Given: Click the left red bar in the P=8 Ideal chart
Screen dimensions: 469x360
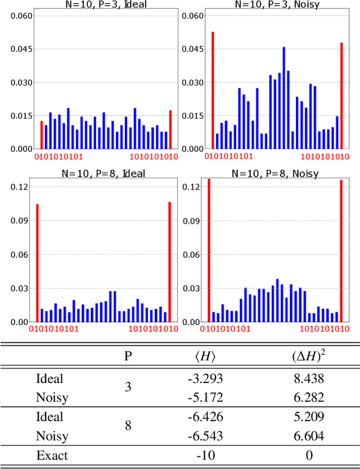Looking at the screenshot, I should [x=38, y=263].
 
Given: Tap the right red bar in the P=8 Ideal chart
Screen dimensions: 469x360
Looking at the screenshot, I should [x=170, y=262].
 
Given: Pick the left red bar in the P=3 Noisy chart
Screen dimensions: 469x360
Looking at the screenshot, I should [x=213, y=91].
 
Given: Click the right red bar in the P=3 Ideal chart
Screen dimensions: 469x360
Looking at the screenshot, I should [x=170, y=129].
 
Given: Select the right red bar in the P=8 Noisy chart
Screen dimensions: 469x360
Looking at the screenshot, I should [x=341, y=251].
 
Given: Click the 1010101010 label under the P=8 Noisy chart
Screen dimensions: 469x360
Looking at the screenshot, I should [x=323, y=328].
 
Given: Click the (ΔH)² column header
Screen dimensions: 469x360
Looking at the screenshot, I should [x=308, y=356].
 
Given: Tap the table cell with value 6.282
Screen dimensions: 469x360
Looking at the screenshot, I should [x=308, y=398].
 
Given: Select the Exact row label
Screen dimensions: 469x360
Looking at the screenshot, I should [x=52, y=455].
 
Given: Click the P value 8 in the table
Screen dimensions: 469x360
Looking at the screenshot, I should [x=128, y=426].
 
